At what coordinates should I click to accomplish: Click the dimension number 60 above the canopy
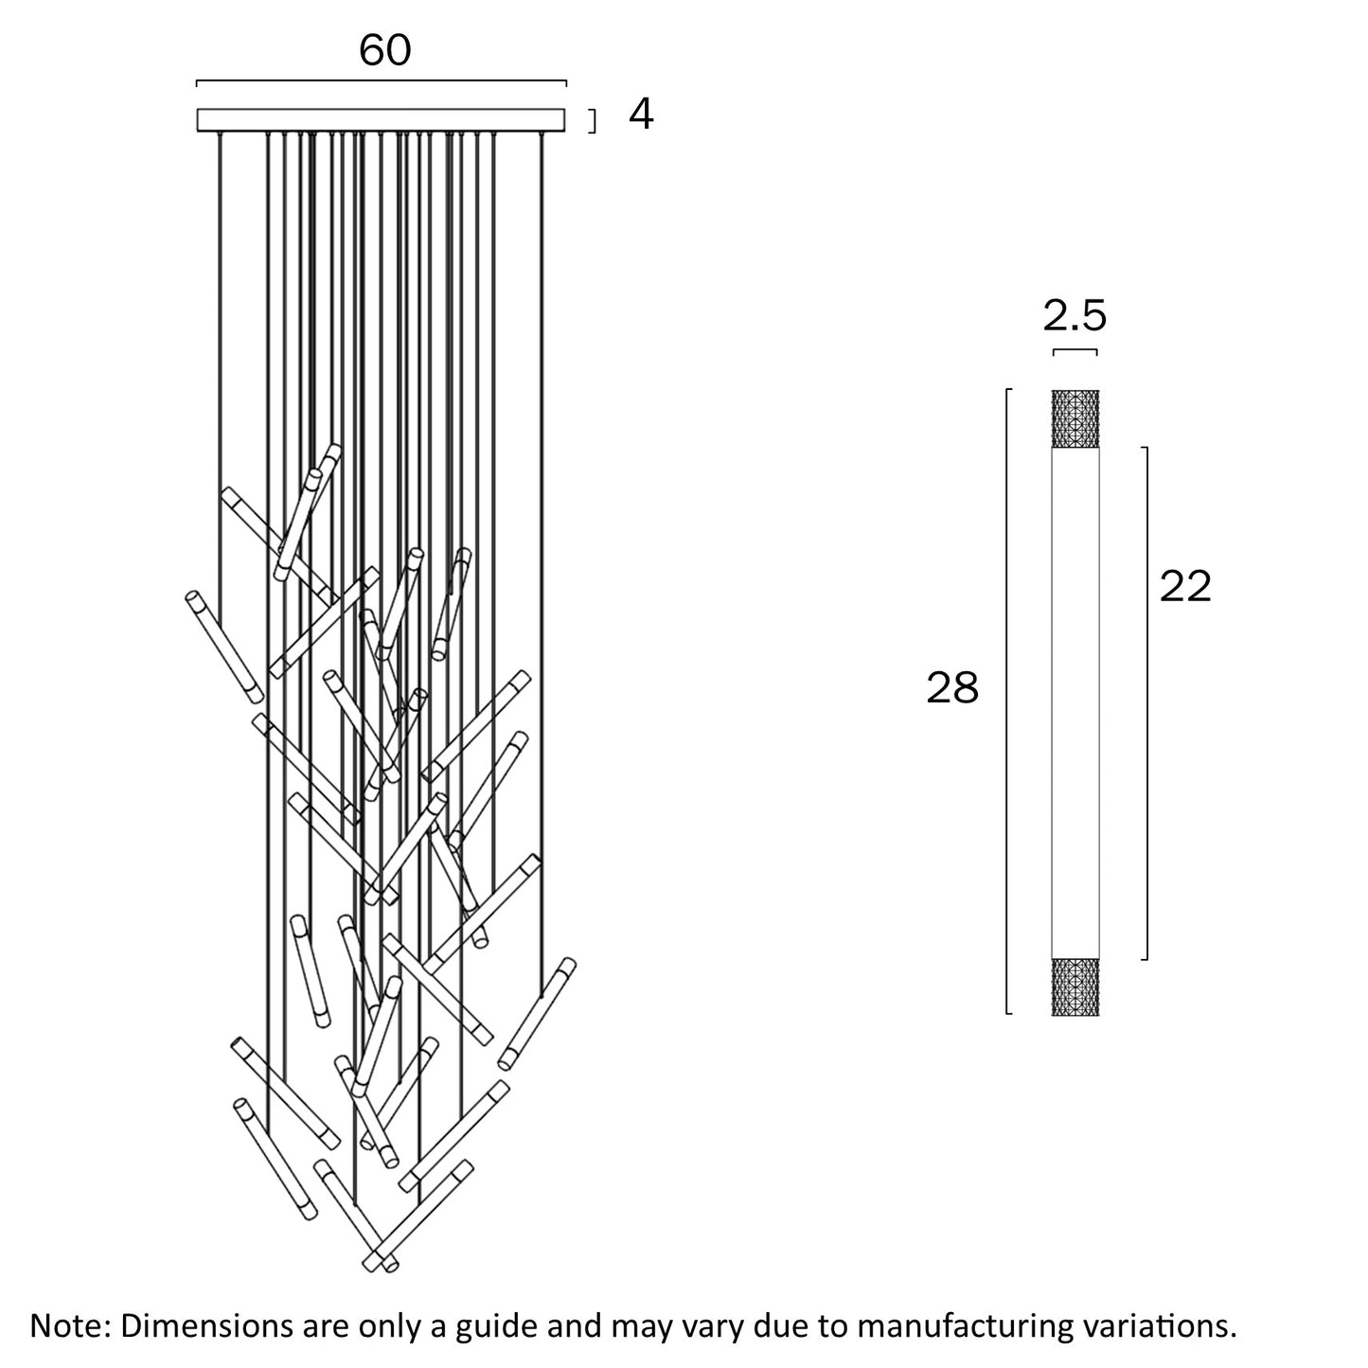point(385,50)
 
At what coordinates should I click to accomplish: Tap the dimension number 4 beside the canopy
point(641,115)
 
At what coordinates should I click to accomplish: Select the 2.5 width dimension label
point(1075,316)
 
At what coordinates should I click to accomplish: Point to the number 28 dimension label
point(951,689)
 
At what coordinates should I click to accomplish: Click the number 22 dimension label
point(1185,587)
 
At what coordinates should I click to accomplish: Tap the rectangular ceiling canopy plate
point(381,120)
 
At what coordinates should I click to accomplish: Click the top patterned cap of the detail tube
point(1075,418)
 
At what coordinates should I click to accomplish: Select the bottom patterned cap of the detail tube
point(1075,986)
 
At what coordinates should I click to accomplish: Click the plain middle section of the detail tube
point(1075,701)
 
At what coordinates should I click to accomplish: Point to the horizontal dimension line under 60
point(381,82)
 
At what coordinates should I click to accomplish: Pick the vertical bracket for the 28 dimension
point(1007,701)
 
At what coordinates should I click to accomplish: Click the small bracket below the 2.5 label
point(1075,351)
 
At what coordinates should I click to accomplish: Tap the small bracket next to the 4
point(594,121)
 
